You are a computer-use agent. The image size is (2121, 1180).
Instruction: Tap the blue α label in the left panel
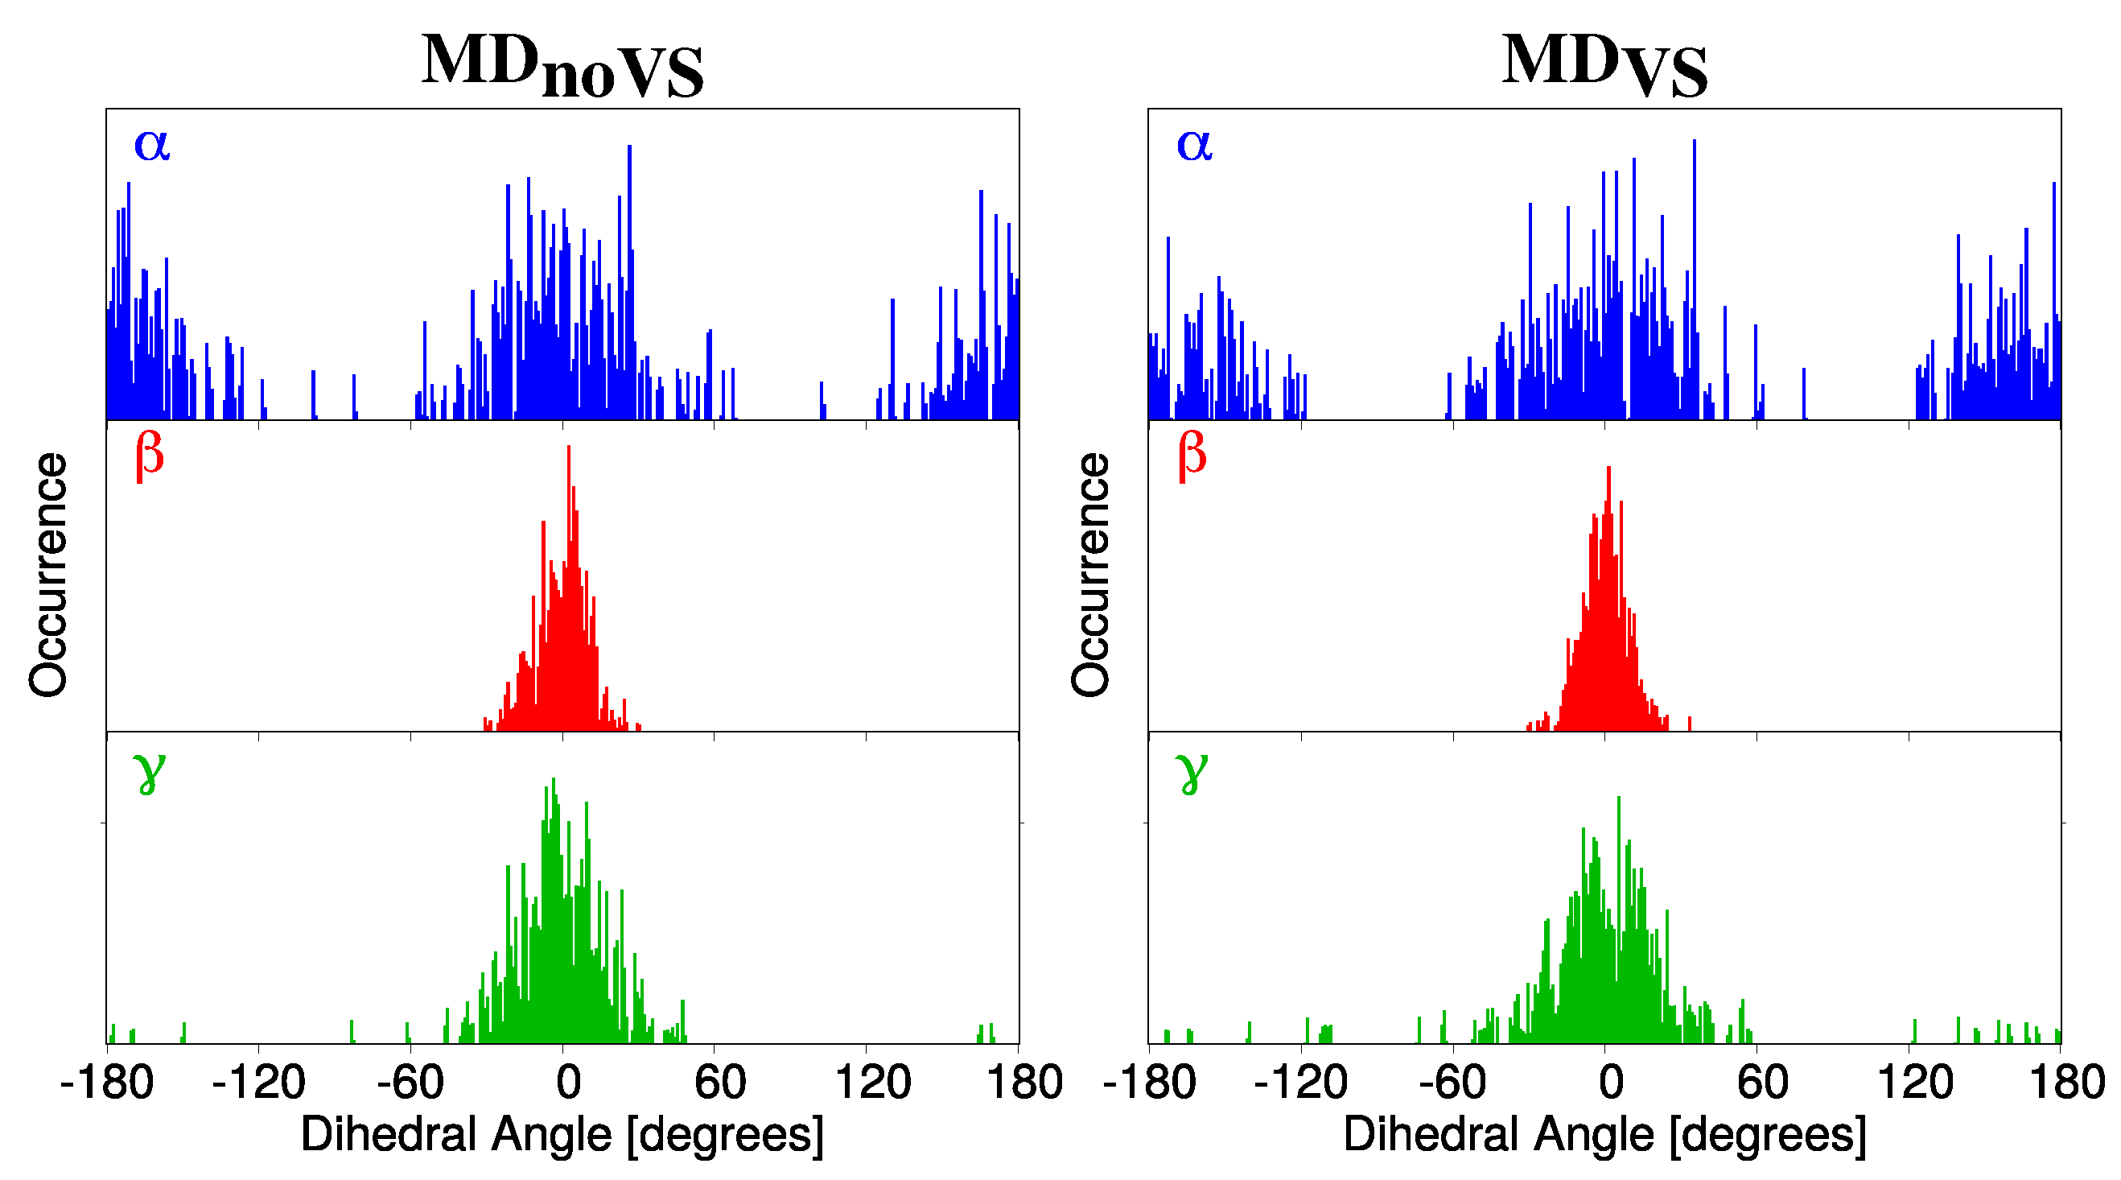pos(151,144)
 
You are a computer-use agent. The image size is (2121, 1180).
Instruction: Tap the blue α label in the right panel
pos(1194,144)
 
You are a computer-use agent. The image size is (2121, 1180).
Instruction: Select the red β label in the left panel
pos(150,456)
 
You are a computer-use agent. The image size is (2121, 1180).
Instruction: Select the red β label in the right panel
pos(1192,456)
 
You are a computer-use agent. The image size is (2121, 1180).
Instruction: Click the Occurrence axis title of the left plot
pos(47,575)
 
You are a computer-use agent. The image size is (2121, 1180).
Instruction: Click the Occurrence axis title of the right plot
pos(1090,575)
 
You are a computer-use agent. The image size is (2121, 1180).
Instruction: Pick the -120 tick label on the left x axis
pos(258,1082)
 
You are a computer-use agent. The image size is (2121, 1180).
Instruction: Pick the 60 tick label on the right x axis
pos(1762,1082)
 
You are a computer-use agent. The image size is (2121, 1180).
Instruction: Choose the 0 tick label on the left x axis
pos(568,1082)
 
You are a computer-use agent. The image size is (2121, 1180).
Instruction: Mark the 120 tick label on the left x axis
pos(872,1082)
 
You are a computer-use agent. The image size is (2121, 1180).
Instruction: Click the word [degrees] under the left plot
pos(724,1135)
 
